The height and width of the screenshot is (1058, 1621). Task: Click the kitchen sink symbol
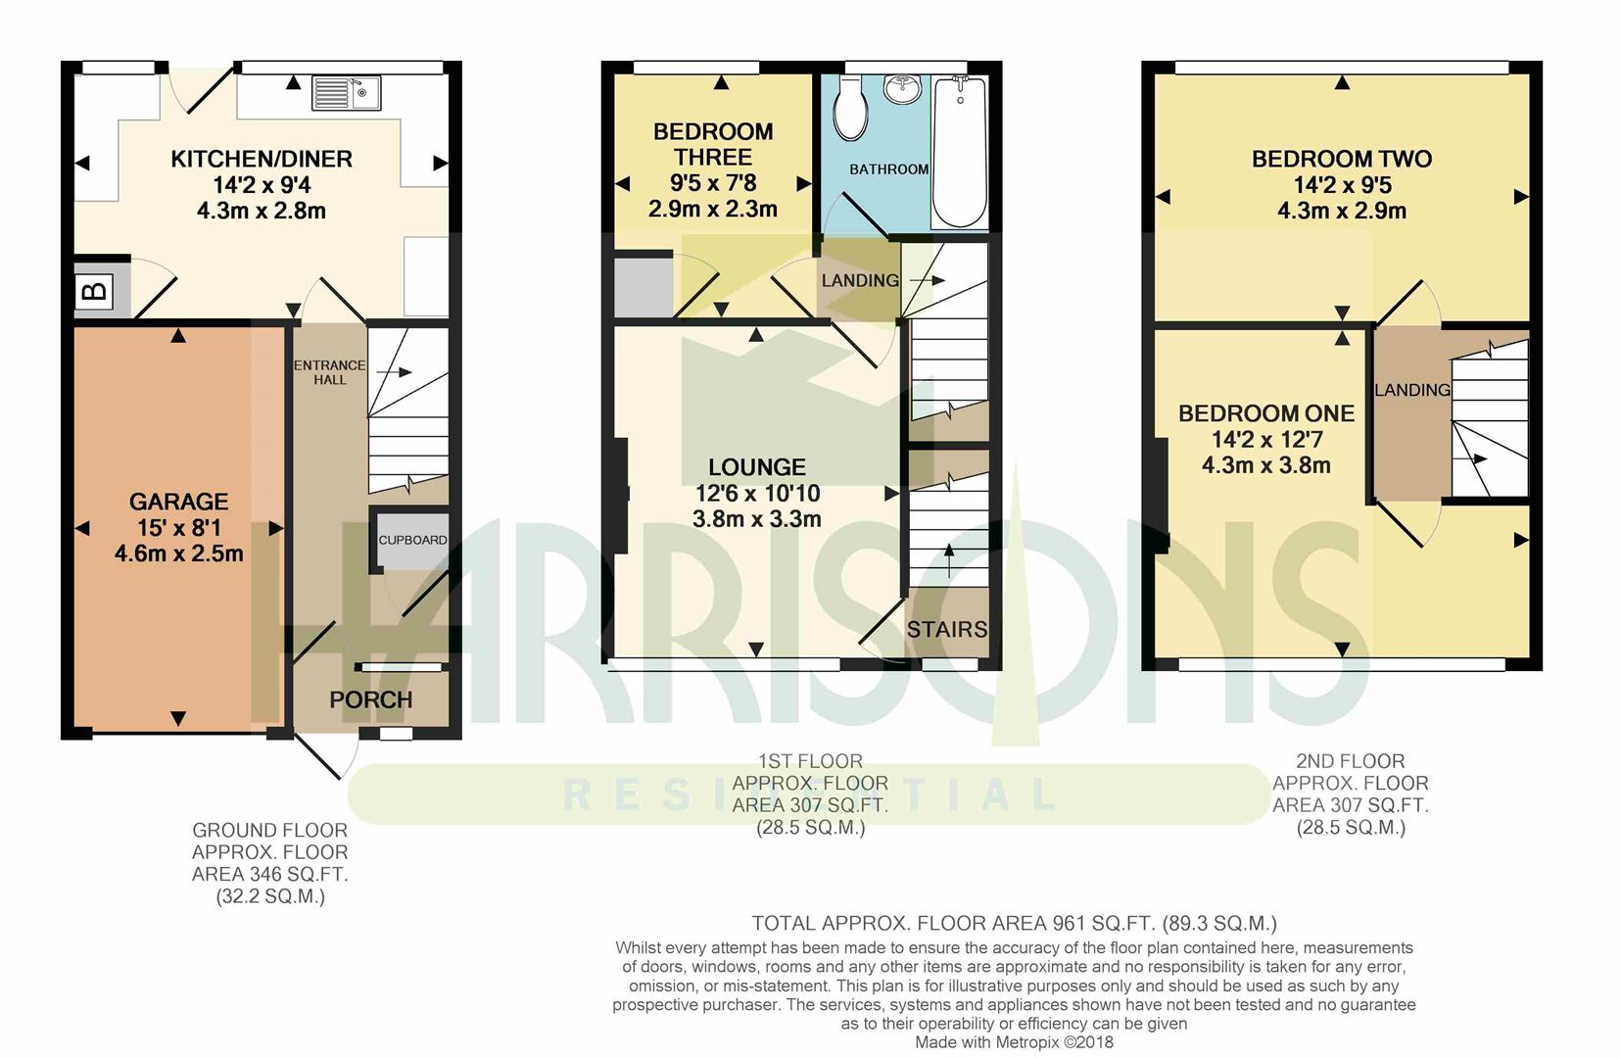click(x=346, y=93)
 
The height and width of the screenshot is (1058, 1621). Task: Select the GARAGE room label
click(x=178, y=502)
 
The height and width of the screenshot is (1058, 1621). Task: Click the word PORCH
click(x=370, y=699)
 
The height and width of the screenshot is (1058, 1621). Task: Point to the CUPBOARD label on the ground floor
click(x=412, y=540)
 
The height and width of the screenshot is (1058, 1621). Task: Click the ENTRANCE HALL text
click(x=330, y=372)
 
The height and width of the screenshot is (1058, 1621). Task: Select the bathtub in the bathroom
click(x=960, y=152)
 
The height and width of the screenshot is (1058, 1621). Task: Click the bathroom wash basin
click(x=902, y=89)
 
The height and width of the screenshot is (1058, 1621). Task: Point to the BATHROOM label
click(x=888, y=169)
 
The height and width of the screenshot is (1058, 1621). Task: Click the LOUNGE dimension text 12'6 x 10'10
click(x=757, y=494)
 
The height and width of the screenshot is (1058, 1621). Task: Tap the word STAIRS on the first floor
click(x=946, y=630)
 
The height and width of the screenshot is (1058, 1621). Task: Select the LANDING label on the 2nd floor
click(x=1412, y=390)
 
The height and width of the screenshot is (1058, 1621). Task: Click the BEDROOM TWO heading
click(x=1342, y=160)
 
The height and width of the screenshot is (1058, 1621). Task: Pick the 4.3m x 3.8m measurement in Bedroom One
click(x=1266, y=465)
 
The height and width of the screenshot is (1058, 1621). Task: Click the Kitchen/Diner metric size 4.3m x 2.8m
click(x=262, y=212)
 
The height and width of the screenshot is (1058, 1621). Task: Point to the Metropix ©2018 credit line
click(x=1014, y=1042)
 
